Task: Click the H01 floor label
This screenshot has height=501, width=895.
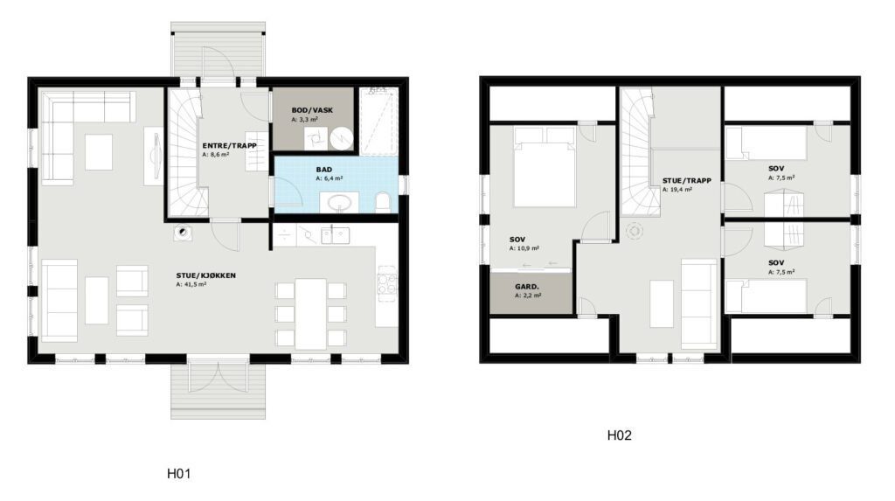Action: click(178, 474)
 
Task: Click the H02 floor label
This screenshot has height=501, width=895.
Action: click(620, 435)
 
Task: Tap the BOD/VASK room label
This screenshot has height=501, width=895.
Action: click(312, 110)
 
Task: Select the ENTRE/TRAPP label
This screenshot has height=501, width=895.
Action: click(230, 146)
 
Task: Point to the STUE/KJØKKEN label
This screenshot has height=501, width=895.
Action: click(206, 275)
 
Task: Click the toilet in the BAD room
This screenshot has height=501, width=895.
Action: click(383, 203)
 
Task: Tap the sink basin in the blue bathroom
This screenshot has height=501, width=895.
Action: click(340, 202)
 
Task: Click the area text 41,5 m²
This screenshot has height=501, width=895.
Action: click(191, 284)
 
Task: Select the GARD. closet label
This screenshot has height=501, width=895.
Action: click(527, 287)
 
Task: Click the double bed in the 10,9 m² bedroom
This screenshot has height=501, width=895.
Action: click(544, 167)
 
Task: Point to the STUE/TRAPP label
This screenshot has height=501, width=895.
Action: click(687, 180)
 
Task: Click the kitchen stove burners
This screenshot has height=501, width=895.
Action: click(386, 281)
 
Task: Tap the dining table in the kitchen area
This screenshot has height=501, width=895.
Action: click(310, 314)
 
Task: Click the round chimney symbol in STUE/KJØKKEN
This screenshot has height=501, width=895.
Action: click(182, 232)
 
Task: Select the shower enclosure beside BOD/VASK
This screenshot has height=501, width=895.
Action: click(378, 121)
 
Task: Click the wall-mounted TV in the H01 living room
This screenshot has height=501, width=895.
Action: click(154, 156)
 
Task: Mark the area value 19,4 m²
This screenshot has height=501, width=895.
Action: click(677, 190)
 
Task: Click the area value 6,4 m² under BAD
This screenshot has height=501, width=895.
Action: click(329, 178)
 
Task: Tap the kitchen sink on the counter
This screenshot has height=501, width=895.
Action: click(335, 235)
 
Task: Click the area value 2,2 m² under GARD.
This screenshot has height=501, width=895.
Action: click(528, 296)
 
